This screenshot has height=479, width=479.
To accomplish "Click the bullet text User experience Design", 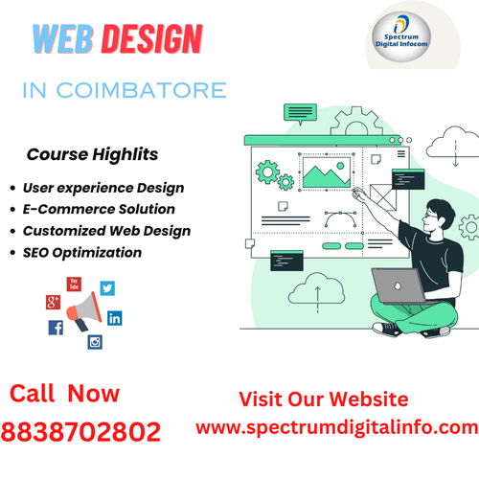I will tap(103, 188).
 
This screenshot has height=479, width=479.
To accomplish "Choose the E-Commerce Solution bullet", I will tap(99, 209).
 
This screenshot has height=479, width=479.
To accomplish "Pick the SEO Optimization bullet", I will tap(82, 253).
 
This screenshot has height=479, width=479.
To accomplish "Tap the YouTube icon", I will tap(74, 284).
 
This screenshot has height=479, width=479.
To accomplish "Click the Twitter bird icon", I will tap(106, 287).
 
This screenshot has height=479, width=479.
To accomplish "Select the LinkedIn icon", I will tap(115, 318).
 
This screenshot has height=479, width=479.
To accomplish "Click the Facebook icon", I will tap(56, 328).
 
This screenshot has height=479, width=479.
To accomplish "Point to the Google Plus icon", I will tap(53, 303).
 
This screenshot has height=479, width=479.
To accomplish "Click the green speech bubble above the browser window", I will tap(299, 112).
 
